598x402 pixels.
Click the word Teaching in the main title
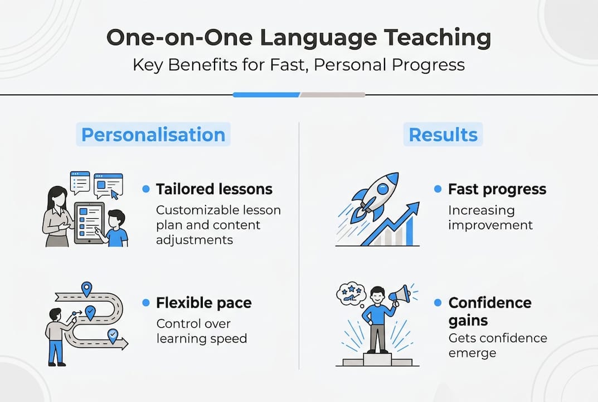(437, 38)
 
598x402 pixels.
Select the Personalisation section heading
(153, 135)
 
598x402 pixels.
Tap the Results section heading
(443, 135)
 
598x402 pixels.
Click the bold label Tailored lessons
(214, 189)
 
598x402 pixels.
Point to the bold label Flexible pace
(203, 303)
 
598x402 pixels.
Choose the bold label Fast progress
(497, 189)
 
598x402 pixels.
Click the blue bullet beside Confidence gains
(438, 303)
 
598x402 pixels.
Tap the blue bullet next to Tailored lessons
(145, 189)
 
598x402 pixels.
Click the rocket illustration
(374, 197)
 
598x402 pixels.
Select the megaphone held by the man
(399, 294)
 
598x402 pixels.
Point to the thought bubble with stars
(351, 294)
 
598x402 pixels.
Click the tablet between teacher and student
(89, 223)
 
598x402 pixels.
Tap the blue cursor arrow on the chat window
(114, 194)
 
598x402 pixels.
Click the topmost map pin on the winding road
(87, 289)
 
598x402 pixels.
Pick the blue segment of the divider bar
(266, 95)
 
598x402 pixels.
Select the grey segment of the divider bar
(333, 95)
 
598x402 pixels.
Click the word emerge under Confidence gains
(472, 353)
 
